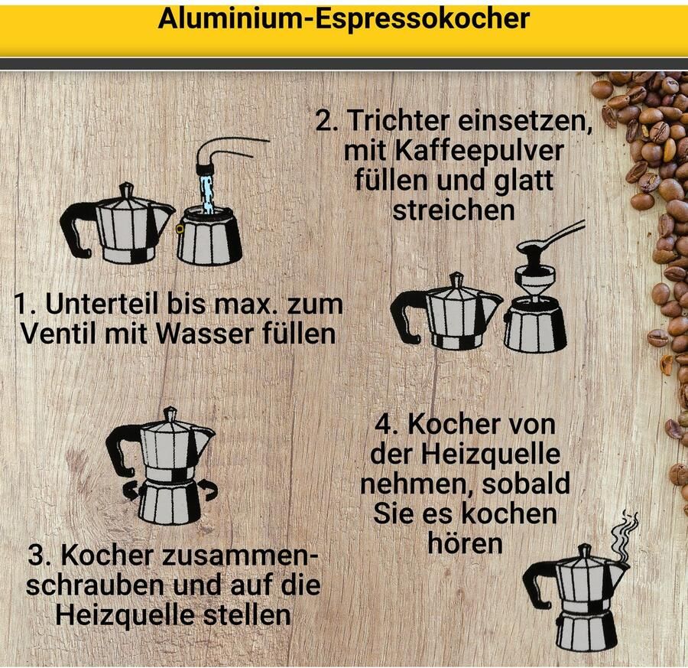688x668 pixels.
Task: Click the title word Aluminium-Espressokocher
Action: point(343,19)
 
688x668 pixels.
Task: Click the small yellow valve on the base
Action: point(180,228)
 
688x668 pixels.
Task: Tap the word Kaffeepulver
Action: point(453,151)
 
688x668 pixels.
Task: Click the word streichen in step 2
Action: point(453,210)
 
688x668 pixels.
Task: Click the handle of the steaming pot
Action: point(537,585)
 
